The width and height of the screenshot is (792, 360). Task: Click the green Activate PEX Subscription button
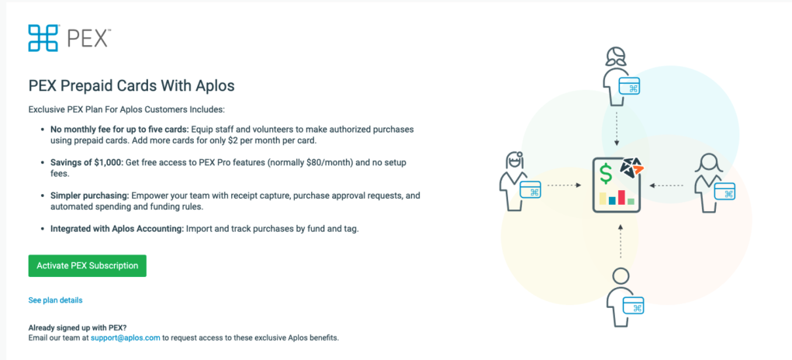pyautogui.click(x=88, y=265)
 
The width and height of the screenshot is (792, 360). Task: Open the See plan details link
pyautogui.click(x=56, y=300)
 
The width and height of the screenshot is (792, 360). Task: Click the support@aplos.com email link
pyautogui.click(x=125, y=337)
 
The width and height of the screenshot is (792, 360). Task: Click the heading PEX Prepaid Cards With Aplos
pyautogui.click(x=131, y=86)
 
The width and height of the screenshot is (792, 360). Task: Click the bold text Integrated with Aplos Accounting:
pyautogui.click(x=117, y=229)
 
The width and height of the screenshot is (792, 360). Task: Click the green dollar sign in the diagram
pyautogui.click(x=606, y=174)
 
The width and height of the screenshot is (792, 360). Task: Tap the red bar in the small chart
pyautogui.click(x=621, y=197)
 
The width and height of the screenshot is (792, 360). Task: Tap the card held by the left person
pyautogui.click(x=530, y=190)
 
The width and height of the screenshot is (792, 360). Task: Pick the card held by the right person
pyautogui.click(x=725, y=191)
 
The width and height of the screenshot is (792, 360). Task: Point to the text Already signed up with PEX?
pyautogui.click(x=78, y=327)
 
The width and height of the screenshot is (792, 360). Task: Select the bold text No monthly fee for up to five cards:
pyautogui.click(x=119, y=130)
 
